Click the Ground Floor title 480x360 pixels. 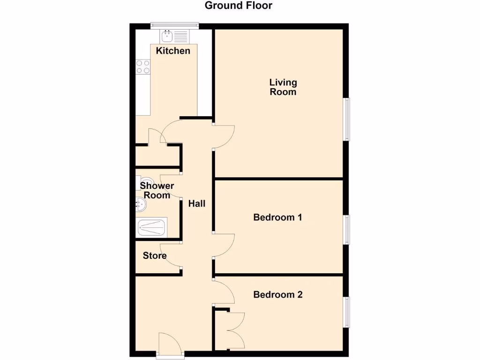238,6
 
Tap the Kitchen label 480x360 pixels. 173,51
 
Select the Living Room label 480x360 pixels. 283,87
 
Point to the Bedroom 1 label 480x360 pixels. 277,217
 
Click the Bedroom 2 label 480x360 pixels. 277,295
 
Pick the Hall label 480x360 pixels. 197,204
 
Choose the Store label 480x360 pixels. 155,256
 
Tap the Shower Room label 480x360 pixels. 157,190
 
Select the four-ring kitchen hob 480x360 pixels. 143,67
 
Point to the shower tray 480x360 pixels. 151,228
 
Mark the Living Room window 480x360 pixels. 347,119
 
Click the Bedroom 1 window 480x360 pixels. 347,230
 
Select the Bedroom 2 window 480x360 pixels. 347,312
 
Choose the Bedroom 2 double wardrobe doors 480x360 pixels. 234,330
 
